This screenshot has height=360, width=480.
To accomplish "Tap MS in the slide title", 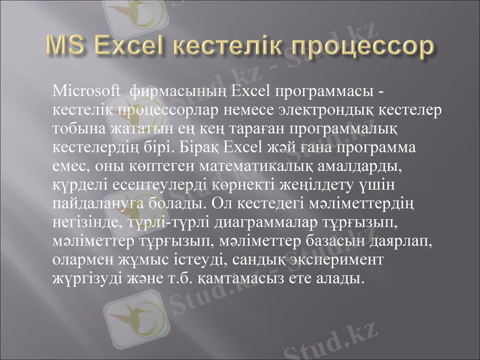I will coord(67,46).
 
